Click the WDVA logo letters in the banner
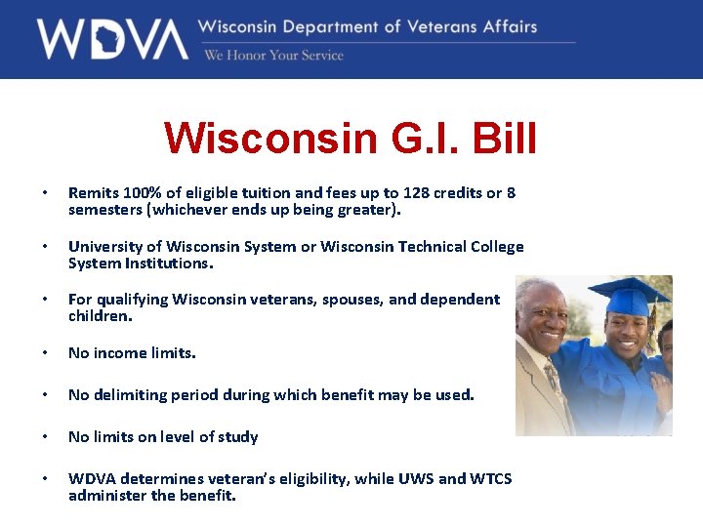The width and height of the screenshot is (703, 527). point(112,39)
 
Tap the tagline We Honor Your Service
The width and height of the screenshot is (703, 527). point(273,56)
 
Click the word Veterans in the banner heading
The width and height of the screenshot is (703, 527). point(440,26)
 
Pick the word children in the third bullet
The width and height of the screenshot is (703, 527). point(97,316)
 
